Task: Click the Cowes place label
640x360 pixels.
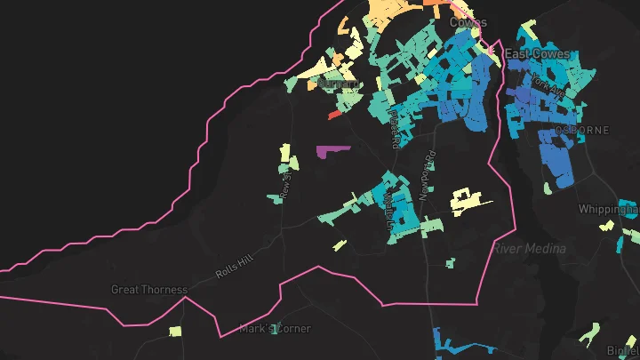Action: coord(468,21)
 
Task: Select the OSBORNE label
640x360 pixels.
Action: coord(583,130)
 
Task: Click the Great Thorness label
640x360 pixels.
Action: coord(149,289)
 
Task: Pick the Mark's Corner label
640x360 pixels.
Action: coord(275,329)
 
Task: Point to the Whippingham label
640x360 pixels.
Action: coord(608,210)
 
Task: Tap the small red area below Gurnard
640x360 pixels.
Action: coord(335,115)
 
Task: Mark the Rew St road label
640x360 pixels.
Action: coord(285,183)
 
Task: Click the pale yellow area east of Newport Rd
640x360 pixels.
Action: coord(466,202)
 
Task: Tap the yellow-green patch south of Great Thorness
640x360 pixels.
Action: coord(175,332)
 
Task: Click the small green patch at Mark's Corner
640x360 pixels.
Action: coord(276,328)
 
